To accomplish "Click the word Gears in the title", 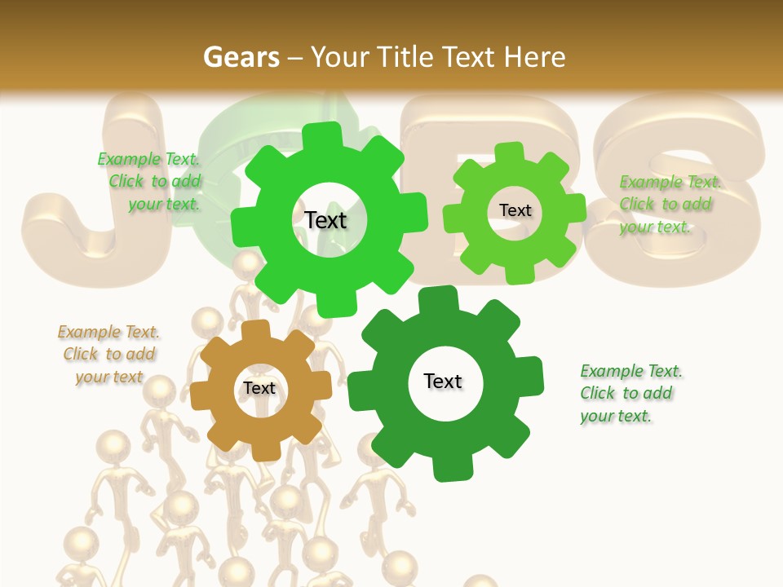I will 241,57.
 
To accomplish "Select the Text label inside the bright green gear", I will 326,220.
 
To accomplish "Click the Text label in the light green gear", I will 515,210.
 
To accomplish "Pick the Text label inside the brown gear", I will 259,388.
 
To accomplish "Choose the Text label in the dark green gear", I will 443,381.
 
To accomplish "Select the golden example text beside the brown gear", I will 108,355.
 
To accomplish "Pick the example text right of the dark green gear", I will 629,393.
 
